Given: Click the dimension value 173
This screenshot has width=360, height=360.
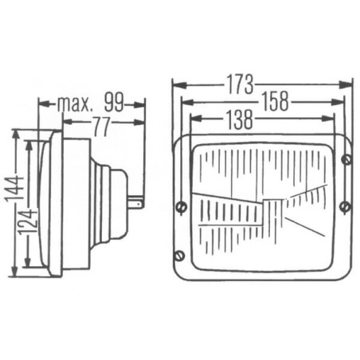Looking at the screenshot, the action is pos(240,85).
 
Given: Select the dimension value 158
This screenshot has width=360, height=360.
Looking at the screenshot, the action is pos(275,101).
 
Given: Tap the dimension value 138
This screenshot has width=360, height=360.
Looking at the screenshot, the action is pos(239,119).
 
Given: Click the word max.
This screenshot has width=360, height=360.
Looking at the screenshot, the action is pos(75,104).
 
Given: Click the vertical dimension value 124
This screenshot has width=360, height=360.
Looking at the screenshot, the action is pos(27,221).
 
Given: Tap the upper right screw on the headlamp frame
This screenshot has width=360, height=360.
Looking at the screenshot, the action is pos(346,159).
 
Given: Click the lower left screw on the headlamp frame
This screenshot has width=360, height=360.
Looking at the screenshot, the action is pos(180,256).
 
